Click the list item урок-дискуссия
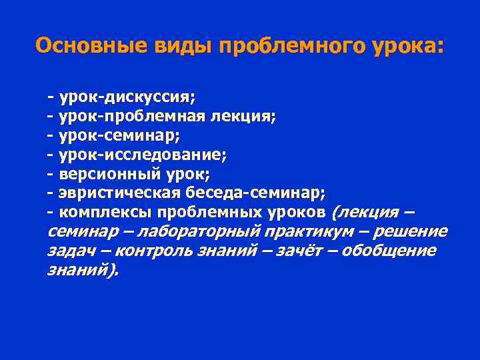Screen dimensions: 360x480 click(x=127, y=97)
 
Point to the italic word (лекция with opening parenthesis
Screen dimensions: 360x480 click(x=365, y=213)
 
